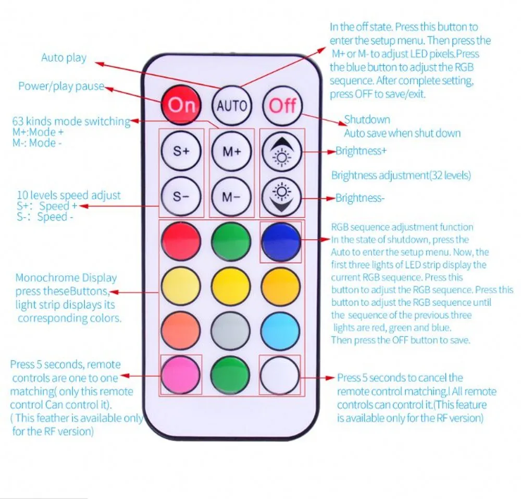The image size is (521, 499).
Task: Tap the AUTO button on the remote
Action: click(232, 106)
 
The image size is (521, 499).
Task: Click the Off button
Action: click(282, 106)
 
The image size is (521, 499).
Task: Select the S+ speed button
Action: click(181, 151)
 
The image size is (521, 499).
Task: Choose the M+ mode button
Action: click(232, 151)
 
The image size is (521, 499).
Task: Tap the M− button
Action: click(231, 197)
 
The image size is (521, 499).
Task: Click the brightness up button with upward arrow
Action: click(282, 151)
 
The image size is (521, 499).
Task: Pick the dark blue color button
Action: click(281, 241)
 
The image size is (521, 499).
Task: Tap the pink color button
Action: click(181, 375)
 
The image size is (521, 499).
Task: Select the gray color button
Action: click(231, 331)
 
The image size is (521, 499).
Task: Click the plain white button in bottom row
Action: click(280, 375)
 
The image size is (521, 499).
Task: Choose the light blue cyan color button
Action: click(280, 331)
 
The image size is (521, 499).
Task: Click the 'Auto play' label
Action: click(64, 58)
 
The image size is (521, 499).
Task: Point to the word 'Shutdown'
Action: click(367, 119)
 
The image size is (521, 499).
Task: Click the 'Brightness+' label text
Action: click(361, 151)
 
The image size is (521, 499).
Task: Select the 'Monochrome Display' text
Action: click(66, 277)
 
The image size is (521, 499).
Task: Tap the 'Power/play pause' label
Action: click(61, 86)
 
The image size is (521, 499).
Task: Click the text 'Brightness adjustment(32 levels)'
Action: click(401, 175)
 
